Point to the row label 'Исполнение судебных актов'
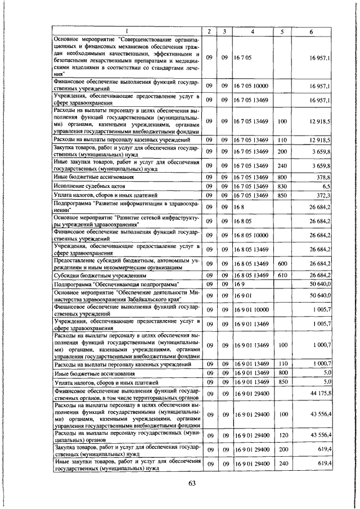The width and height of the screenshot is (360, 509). [x=85, y=185]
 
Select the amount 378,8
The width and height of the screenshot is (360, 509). [x=323, y=175]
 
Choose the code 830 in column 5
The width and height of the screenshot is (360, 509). [x=282, y=185]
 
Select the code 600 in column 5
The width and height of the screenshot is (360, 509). [x=282, y=263]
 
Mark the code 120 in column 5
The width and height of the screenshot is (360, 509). [x=282, y=436]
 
